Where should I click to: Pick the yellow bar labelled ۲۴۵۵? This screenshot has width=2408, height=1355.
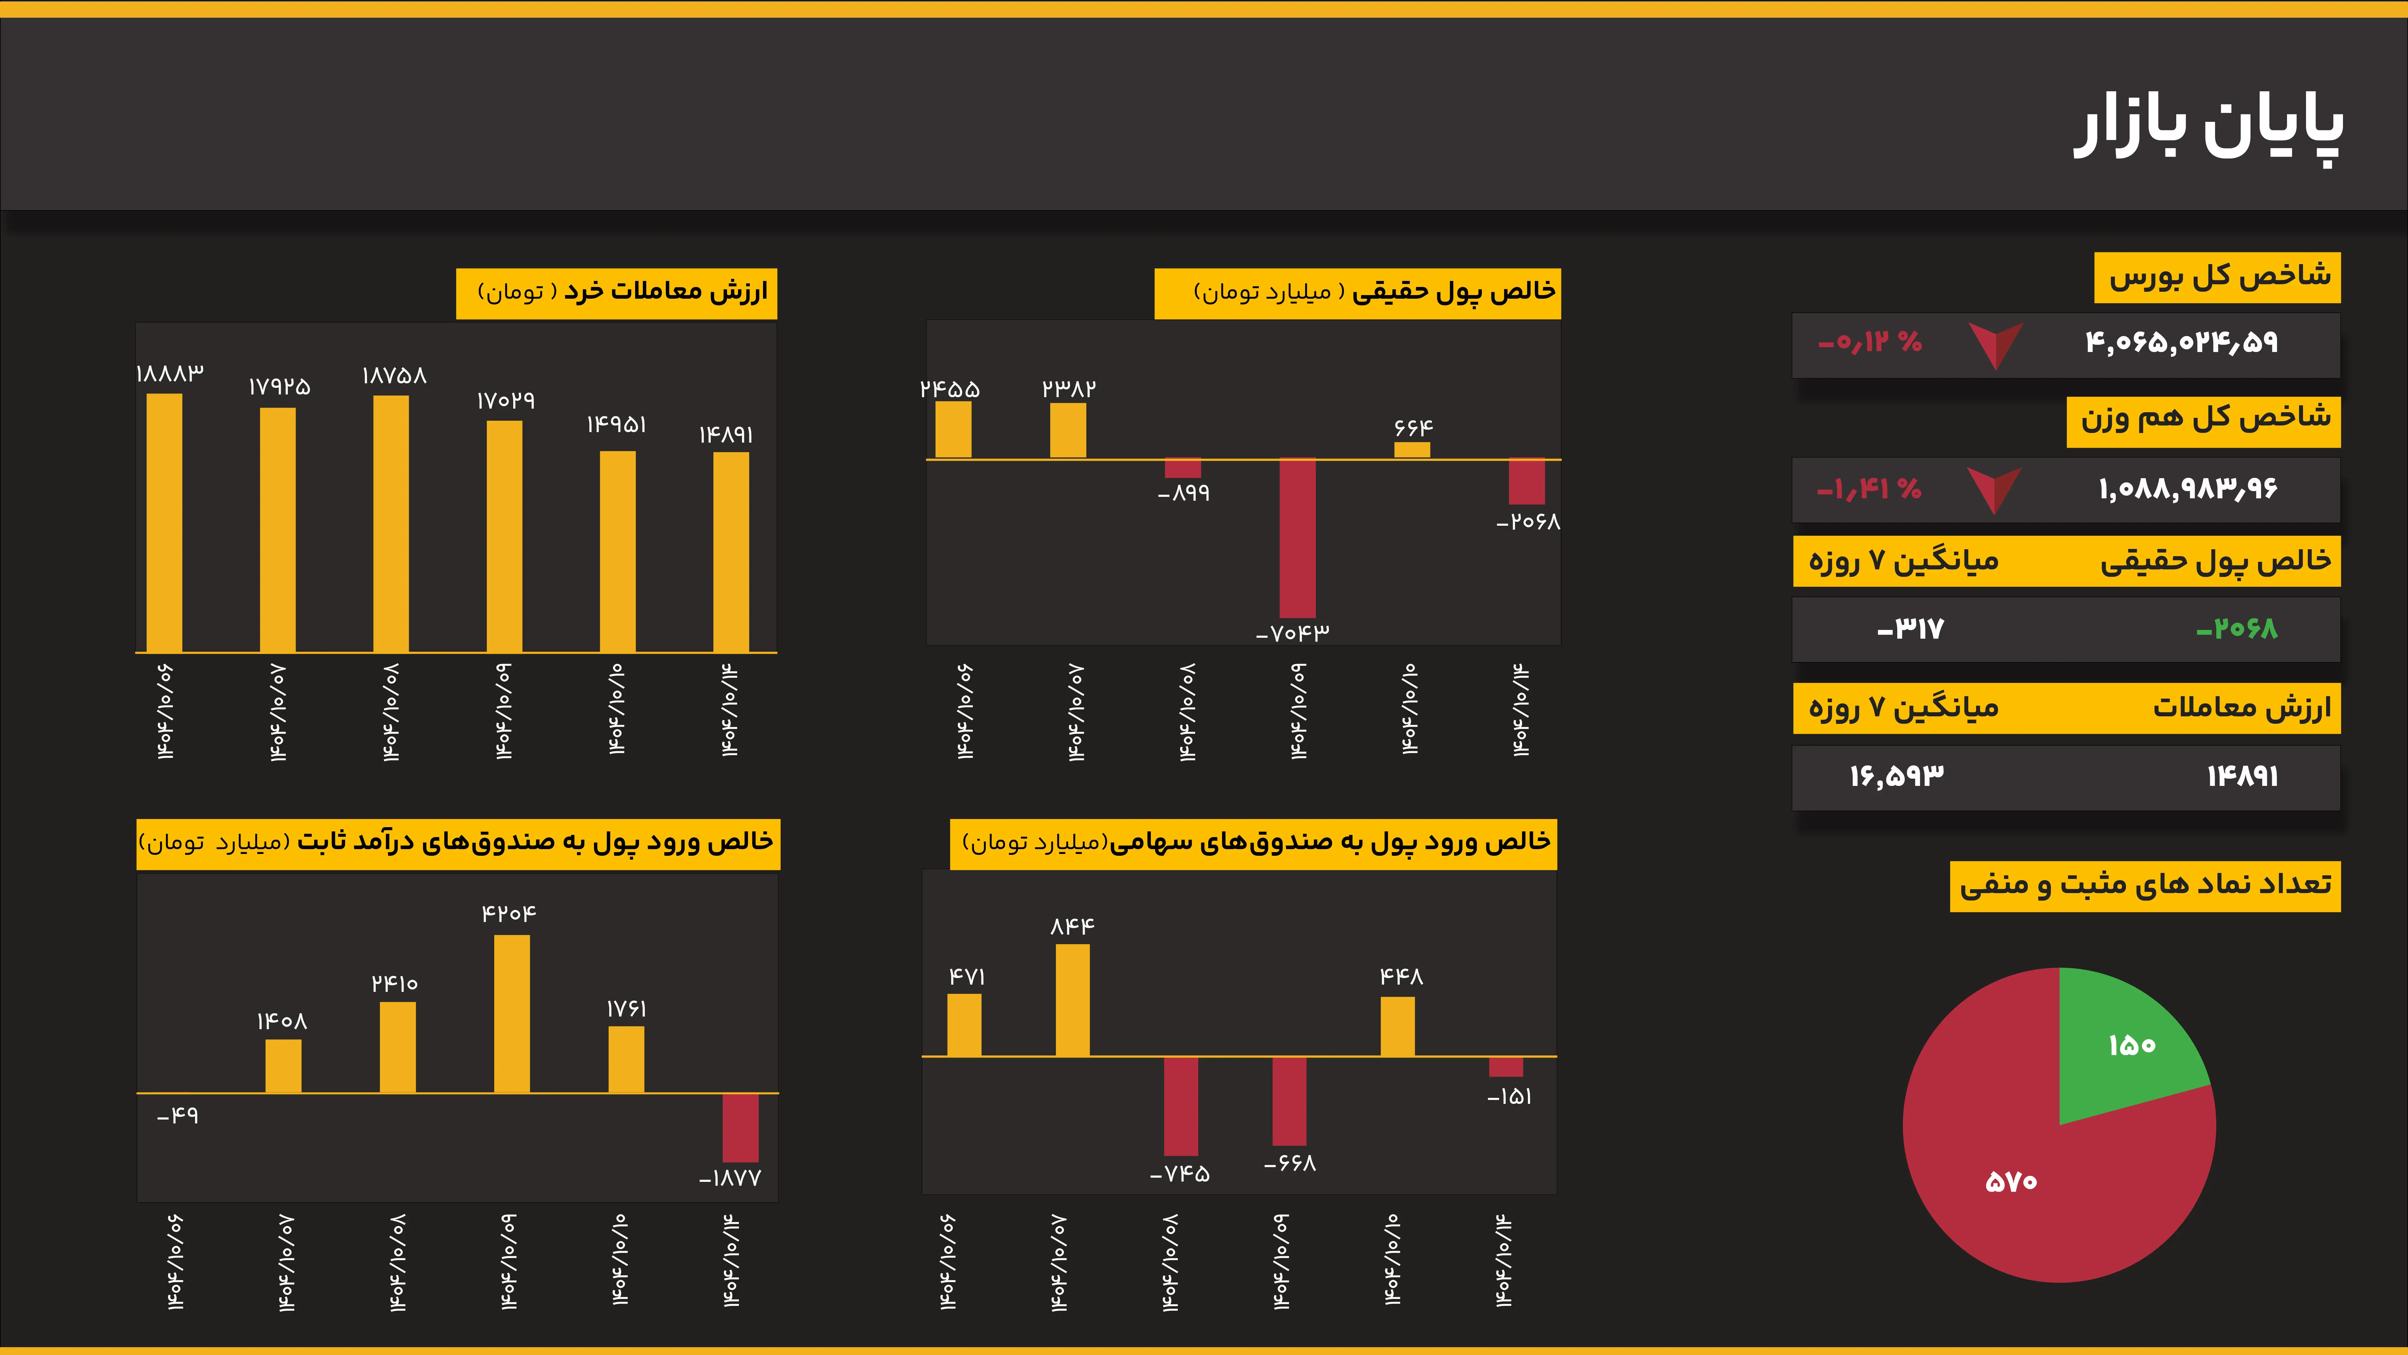point(954,430)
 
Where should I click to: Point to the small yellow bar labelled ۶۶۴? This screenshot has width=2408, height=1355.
point(1411,450)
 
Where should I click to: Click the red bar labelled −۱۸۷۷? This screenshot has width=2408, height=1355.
point(740,1128)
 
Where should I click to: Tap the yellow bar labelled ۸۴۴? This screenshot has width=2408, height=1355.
point(1072,1001)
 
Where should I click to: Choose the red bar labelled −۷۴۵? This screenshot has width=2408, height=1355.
point(1181,1106)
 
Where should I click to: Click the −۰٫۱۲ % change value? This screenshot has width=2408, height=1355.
point(1870,342)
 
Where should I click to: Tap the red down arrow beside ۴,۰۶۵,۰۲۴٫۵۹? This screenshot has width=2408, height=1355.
point(1996,344)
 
